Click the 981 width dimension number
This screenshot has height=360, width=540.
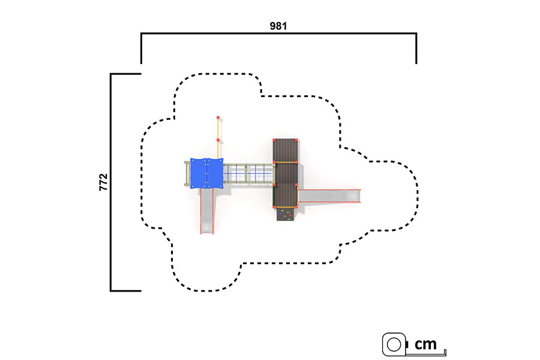278,26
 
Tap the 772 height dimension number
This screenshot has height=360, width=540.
103,182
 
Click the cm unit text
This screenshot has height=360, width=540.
425,344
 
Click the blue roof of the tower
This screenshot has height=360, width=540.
206,173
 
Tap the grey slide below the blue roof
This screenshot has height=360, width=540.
207,211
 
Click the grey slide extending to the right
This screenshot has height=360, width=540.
329,196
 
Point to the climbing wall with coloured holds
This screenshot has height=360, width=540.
285,214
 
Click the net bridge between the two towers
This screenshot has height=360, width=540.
248,173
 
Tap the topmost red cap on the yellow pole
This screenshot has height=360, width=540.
218,118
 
